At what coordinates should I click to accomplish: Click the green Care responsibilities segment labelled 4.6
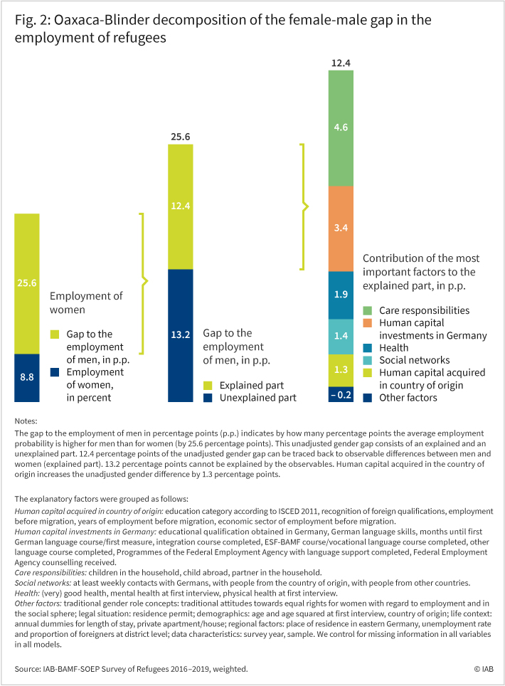coord(341,128)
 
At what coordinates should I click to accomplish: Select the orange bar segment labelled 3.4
coord(341,229)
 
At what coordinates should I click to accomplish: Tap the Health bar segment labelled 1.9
coord(341,295)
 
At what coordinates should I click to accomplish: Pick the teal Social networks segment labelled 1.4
coord(341,337)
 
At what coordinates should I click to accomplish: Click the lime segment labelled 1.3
coord(341,371)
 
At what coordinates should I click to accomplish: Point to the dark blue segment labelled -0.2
coord(341,395)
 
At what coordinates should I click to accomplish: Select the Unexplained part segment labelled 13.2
coord(181,336)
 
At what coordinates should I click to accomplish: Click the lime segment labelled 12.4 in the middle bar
coord(181,207)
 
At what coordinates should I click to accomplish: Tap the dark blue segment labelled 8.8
coord(27,378)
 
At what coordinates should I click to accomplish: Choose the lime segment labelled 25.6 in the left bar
coord(27,284)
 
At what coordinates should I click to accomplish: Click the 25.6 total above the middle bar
coord(181,137)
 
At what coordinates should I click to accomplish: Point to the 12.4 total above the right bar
coord(341,63)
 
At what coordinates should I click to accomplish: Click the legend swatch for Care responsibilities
coord(368,311)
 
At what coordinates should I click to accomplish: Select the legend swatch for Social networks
coord(368,361)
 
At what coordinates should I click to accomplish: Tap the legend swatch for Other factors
coord(368,398)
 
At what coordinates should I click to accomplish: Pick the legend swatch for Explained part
coord(208,386)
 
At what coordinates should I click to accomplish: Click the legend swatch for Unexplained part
coord(208,398)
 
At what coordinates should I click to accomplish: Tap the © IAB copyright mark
coord(484,669)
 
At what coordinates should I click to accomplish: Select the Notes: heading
coord(26,421)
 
